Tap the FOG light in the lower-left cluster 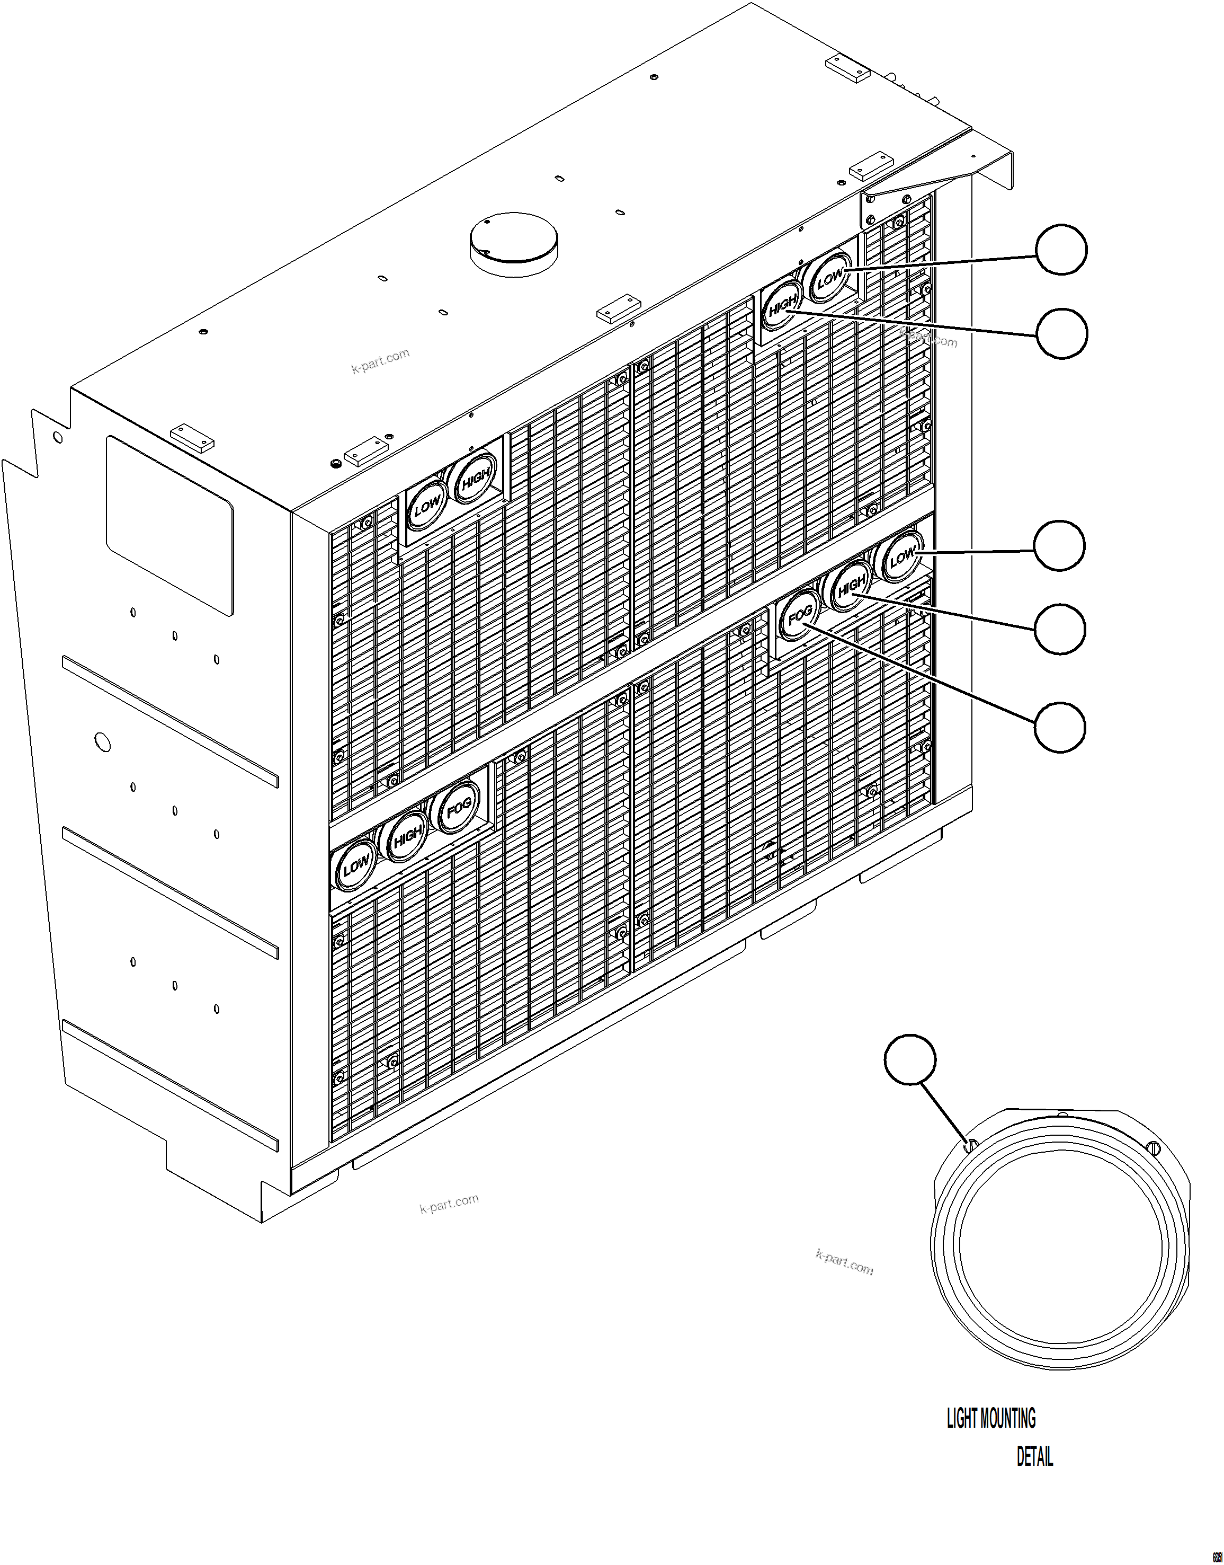click(x=458, y=809)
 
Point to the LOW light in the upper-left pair click(x=427, y=508)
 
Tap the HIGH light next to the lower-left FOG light click(x=407, y=836)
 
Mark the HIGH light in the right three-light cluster click(x=851, y=586)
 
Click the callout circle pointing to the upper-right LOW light click(x=1061, y=249)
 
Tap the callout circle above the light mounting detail click(x=910, y=1059)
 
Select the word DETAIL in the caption click(x=1035, y=1457)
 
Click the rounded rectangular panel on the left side click(x=170, y=526)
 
